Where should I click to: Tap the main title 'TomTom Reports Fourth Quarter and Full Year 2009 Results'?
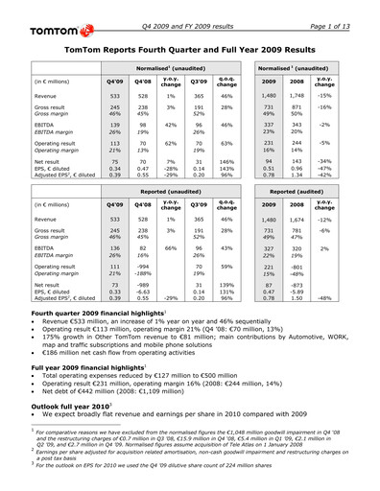(x=190, y=47)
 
